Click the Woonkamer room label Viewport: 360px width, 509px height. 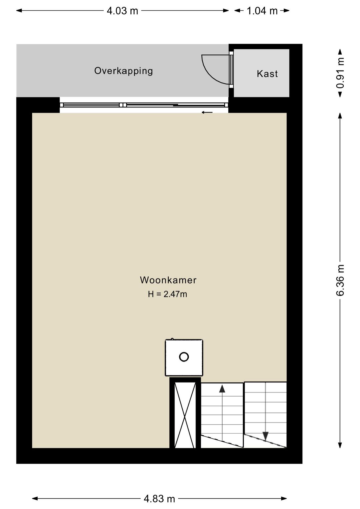168,280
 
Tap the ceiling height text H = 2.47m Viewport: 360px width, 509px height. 167,294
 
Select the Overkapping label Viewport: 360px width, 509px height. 123,71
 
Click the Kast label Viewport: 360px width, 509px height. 267,74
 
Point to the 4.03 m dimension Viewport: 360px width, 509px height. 122,11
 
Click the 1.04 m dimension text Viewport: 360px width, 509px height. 262,11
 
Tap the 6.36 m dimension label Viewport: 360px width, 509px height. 340,280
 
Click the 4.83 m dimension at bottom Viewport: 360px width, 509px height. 159,499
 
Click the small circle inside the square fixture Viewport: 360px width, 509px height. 184,357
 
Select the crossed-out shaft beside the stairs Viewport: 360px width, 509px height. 185,415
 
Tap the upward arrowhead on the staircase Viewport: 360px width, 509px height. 222,388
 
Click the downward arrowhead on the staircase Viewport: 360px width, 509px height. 265,436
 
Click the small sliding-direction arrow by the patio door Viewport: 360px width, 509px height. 207,112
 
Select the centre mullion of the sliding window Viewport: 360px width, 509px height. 123,105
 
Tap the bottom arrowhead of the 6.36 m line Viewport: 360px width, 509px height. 340,445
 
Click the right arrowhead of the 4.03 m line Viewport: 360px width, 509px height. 226,11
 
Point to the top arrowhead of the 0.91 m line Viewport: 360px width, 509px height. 340,52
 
